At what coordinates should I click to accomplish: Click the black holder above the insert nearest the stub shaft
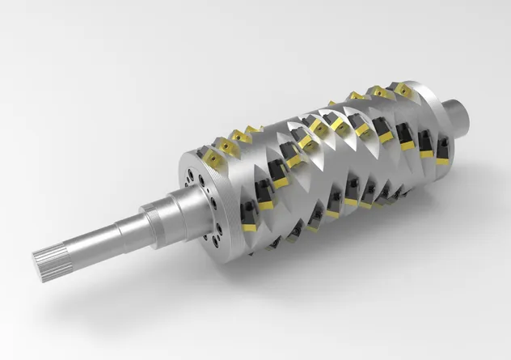coord(442,146)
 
